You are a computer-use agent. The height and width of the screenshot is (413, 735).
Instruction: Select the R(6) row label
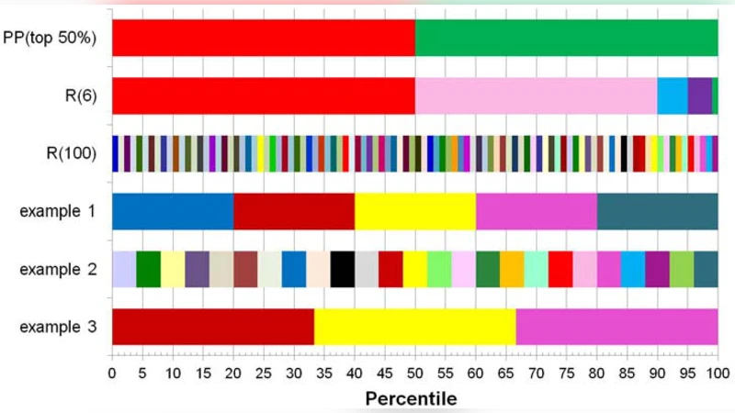click(78, 95)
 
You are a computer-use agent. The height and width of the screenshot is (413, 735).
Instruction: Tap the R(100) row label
click(71, 153)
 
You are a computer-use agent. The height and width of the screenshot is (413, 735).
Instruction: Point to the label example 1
click(58, 211)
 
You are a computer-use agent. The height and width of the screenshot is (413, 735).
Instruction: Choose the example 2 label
click(58, 269)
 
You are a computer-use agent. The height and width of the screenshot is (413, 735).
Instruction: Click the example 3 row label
click(58, 327)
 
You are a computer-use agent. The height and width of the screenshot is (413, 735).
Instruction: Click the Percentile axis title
click(411, 398)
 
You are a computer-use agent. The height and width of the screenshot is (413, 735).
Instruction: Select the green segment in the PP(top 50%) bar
click(566, 38)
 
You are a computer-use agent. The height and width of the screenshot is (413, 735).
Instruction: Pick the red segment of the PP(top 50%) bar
click(263, 38)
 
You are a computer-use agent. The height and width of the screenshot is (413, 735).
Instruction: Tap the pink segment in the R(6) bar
click(536, 95)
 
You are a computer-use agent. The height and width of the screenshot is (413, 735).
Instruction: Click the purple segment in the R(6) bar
click(699, 95)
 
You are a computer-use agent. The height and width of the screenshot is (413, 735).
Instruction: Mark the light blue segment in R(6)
click(672, 95)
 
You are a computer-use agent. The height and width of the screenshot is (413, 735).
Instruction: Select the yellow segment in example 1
click(414, 211)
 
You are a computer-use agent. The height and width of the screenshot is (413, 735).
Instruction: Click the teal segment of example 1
click(657, 211)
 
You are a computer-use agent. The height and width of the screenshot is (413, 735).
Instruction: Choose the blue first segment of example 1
click(172, 211)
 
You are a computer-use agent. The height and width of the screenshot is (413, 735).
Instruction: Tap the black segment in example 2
click(342, 269)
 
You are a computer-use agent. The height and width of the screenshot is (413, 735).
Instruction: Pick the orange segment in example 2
click(512, 269)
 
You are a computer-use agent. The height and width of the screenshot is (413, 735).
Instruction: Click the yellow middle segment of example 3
click(414, 327)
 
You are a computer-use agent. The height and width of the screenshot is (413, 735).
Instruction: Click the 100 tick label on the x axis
click(718, 374)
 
